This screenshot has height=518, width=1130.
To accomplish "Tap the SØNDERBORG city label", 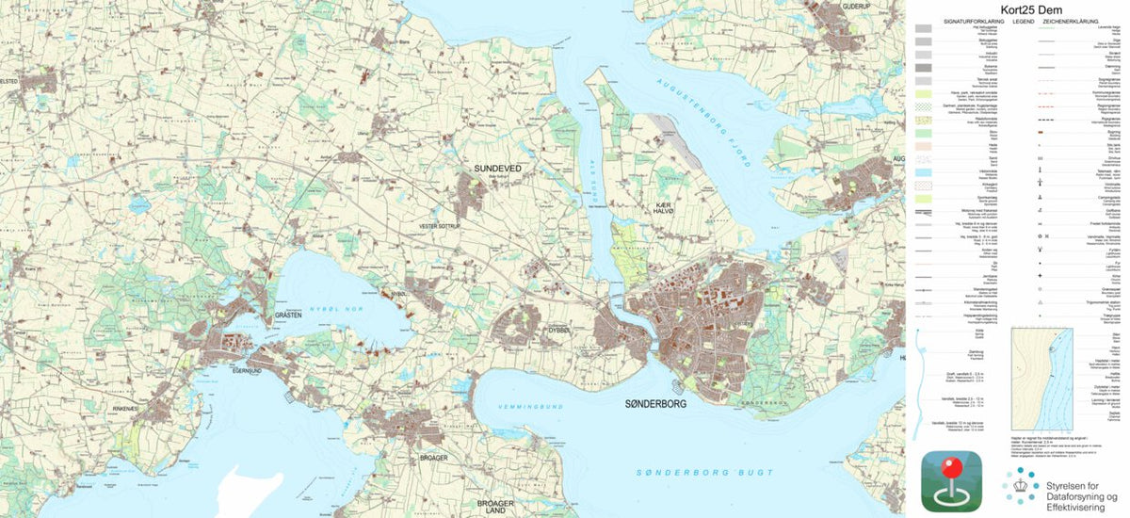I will [x=656, y=403].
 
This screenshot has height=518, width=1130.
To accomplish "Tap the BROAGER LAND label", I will [x=495, y=508].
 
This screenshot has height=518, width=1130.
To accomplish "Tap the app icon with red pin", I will [x=952, y=481].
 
